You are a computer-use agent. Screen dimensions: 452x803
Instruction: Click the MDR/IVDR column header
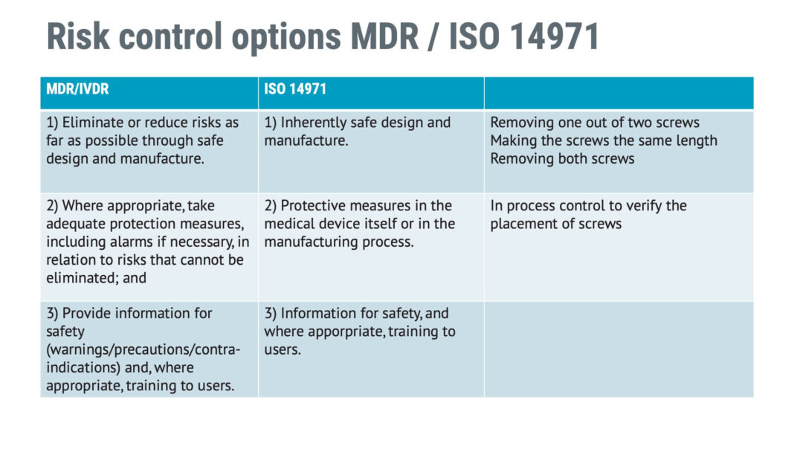[78, 89]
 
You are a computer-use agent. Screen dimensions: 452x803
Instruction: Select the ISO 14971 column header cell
[295, 89]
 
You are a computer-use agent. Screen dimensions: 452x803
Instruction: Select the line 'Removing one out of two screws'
[595, 123]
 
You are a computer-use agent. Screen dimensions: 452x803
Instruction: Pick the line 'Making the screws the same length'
[604, 141]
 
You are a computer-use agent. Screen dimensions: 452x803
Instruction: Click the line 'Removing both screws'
[562, 158]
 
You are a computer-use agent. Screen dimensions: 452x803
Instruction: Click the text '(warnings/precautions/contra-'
[143, 349]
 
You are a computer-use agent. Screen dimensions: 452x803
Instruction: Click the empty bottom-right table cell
[618, 349]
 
